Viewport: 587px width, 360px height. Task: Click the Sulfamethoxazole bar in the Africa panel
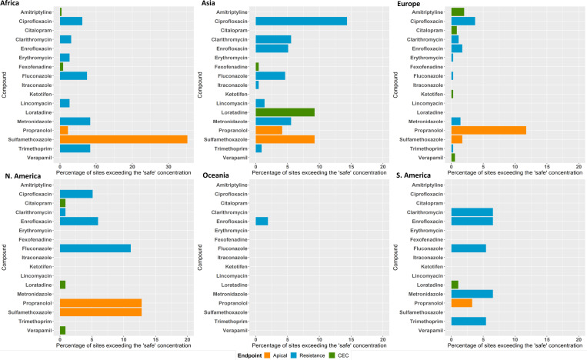point(123,139)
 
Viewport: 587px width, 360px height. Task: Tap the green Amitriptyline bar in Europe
point(458,12)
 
